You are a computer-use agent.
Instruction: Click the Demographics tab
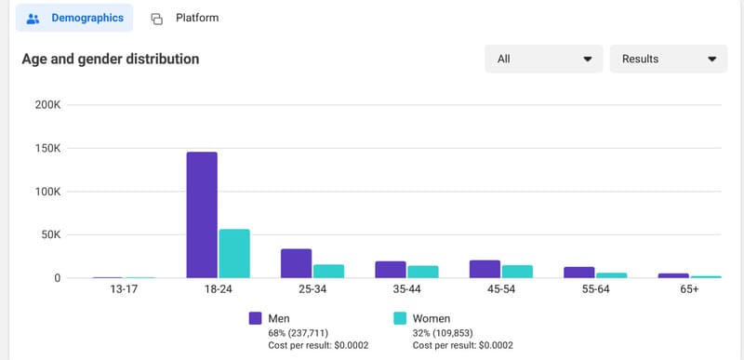point(74,18)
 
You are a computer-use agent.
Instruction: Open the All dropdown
point(543,59)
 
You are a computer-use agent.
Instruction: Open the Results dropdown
point(668,59)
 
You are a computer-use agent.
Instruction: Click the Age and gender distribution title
point(111,59)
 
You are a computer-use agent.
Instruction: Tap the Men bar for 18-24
point(202,215)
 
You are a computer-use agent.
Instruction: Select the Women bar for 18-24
point(234,254)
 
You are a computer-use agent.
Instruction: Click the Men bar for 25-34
point(296,263)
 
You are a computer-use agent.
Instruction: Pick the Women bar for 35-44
point(422,272)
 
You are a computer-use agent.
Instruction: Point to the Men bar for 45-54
point(485,269)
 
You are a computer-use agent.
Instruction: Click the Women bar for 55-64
point(611,274)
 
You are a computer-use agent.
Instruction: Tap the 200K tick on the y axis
point(47,104)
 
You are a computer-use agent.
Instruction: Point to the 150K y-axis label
point(47,148)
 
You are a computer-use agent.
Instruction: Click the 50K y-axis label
point(50,234)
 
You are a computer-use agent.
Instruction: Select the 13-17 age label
point(124,289)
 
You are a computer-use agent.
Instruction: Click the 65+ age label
point(689,289)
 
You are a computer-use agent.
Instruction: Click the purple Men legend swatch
point(255,318)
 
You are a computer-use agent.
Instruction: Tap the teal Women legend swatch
point(401,318)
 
